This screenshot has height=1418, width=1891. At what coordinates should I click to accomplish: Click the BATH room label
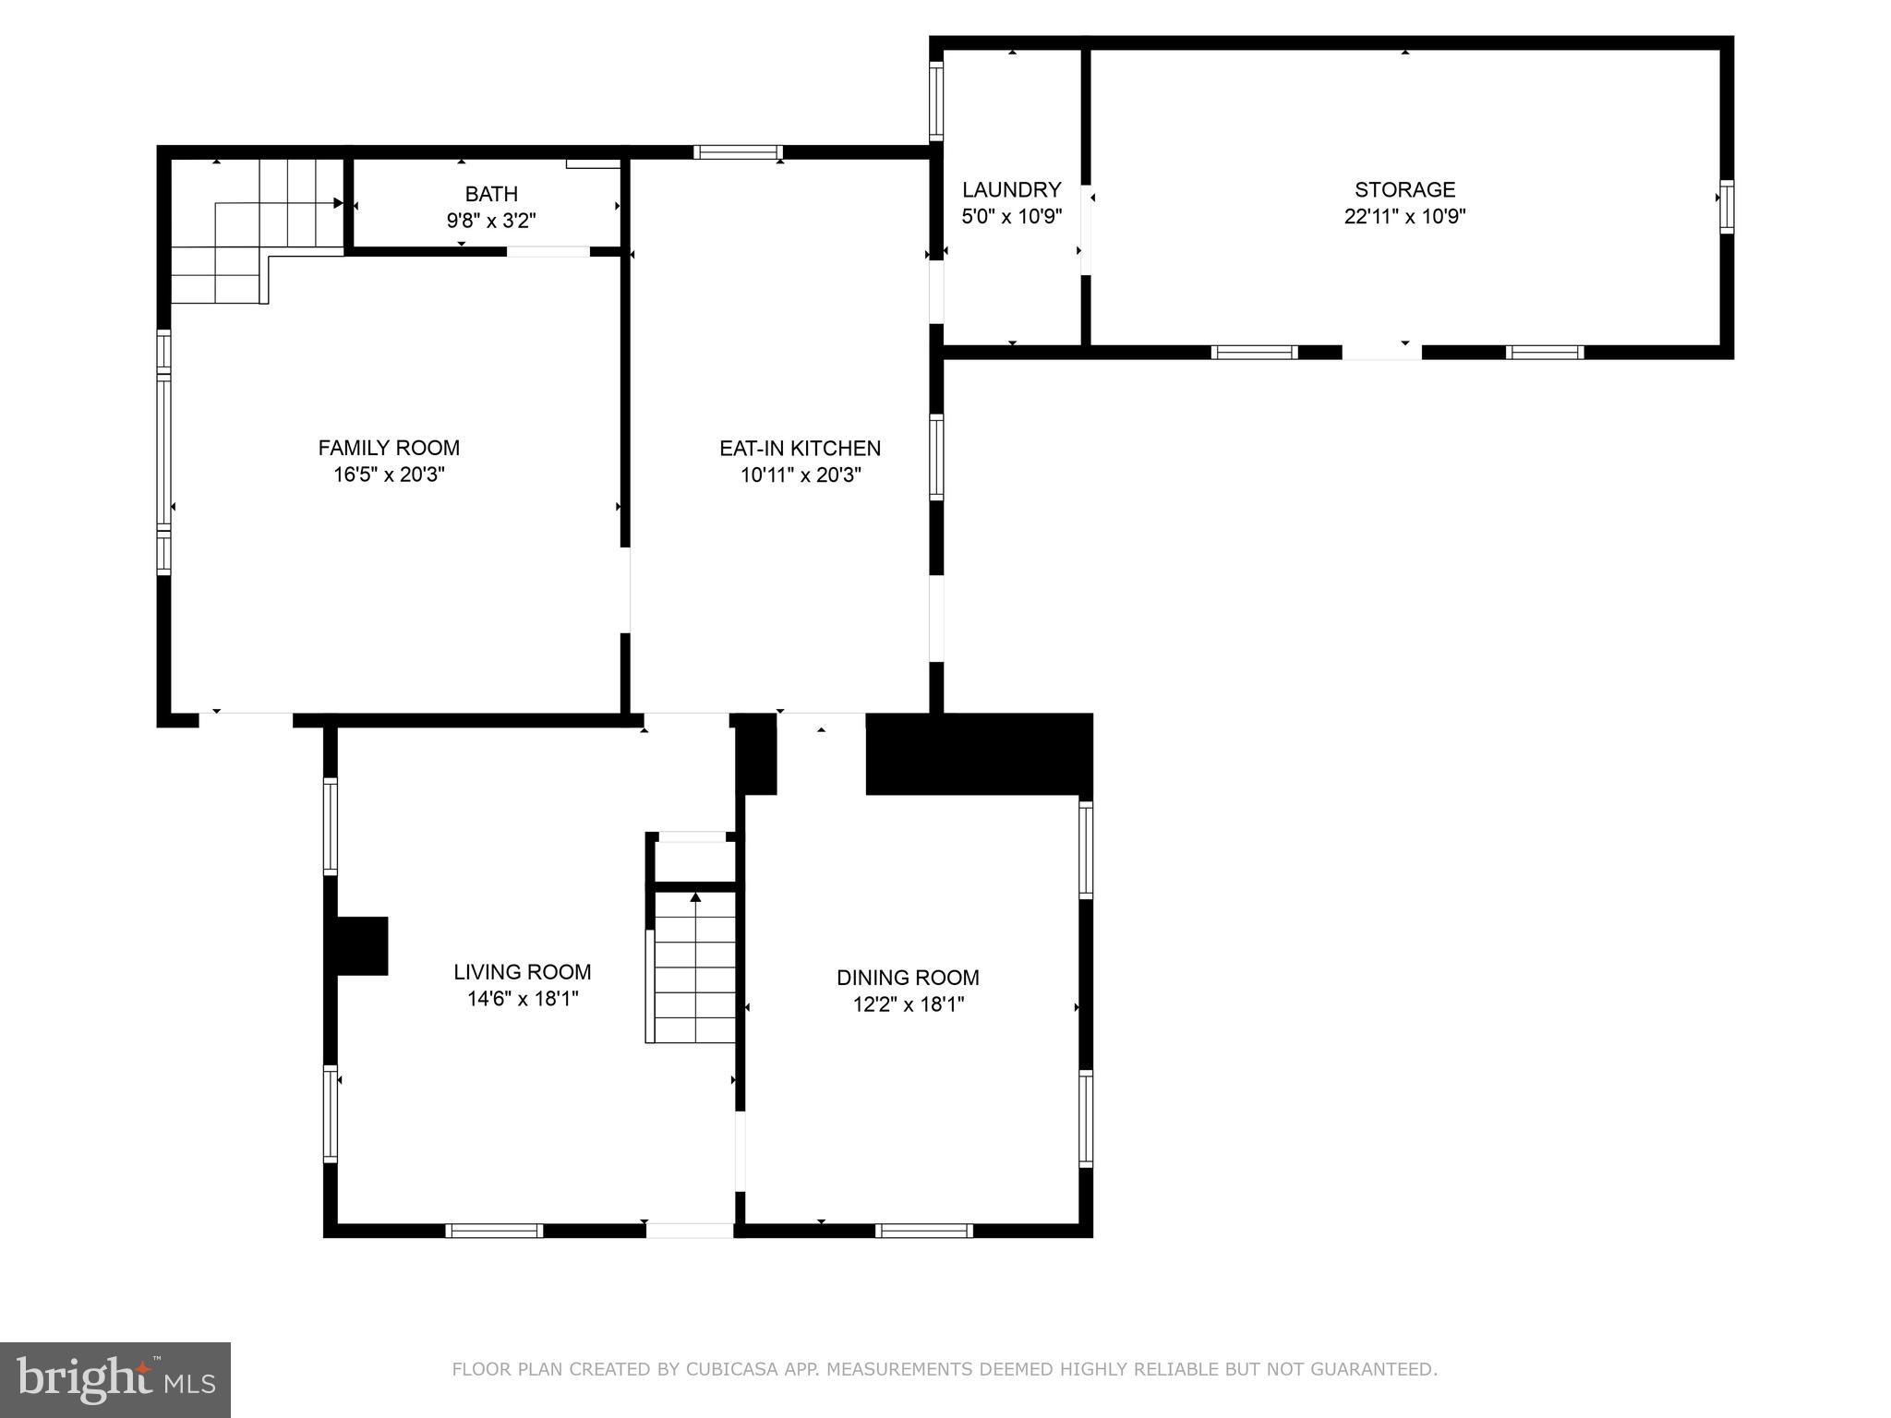point(491,194)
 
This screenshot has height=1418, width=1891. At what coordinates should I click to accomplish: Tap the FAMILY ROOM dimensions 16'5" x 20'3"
point(389,475)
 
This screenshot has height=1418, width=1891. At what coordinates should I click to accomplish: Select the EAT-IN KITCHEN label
point(800,448)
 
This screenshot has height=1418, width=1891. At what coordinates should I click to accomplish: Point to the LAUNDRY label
point(1011,189)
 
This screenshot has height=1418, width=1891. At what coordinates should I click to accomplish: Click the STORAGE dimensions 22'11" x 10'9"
point(1404,216)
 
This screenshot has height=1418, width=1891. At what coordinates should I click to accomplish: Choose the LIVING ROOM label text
point(522,971)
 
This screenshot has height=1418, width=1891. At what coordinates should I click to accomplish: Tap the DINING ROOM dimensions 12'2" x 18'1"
point(908,1004)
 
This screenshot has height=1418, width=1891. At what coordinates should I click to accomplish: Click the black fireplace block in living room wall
point(360,945)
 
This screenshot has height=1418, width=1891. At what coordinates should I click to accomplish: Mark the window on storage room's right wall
point(1726,207)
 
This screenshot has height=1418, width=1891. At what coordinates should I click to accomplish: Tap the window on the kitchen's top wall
point(738,152)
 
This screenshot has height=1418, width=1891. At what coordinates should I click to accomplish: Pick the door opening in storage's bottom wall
point(1381,352)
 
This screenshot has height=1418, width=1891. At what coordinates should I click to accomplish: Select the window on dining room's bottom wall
point(923,1230)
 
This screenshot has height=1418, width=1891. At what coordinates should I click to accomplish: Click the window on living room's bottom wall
point(494,1230)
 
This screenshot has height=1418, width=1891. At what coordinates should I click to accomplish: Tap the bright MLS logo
point(114,1379)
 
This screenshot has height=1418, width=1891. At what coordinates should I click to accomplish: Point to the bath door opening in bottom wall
point(548,251)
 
